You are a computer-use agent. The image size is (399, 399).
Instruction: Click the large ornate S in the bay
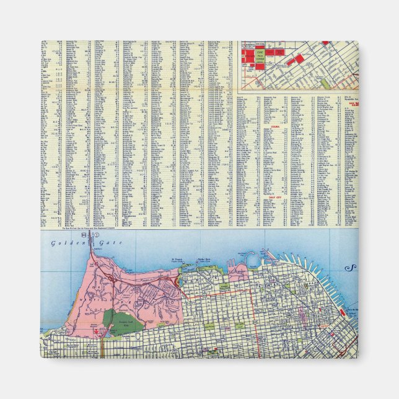click(x=353, y=268)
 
